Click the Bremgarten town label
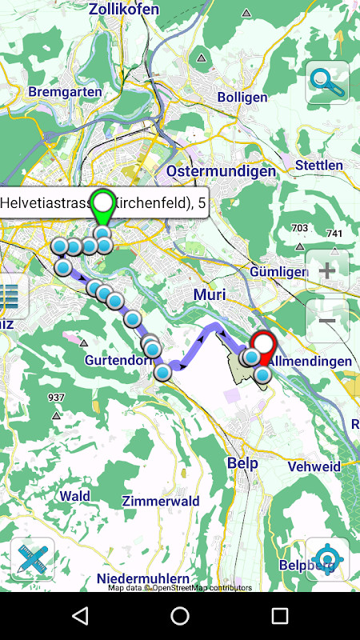(65, 91)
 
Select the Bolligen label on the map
(242, 97)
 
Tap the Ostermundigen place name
(221, 171)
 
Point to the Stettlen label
(318, 165)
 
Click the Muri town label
(210, 294)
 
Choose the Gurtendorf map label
(118, 360)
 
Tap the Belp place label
(242, 462)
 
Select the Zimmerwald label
(161, 501)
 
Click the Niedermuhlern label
(142, 578)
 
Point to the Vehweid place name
(314, 466)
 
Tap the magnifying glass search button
(327, 82)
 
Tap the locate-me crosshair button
(327, 559)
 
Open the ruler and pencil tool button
(33, 559)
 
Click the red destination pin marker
(262, 346)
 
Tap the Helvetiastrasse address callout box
(102, 203)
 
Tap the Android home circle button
(180, 616)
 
